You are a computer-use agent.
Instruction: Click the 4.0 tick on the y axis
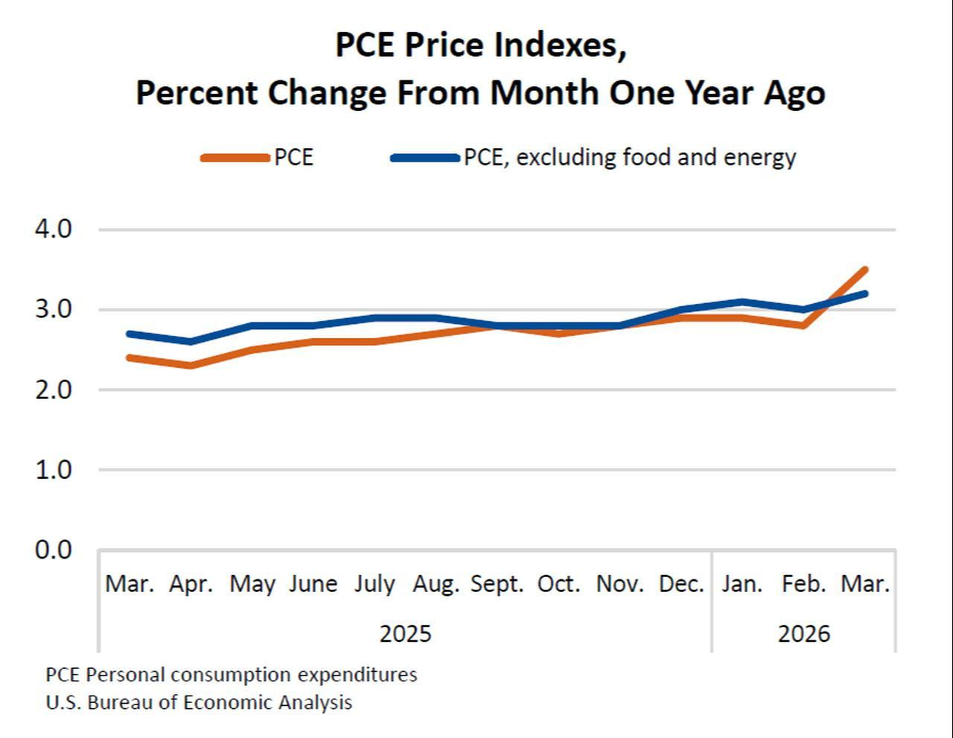point(53,229)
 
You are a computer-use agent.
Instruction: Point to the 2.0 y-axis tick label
point(53,389)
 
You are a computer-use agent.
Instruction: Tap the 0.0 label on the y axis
point(53,550)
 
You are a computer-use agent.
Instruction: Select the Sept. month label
point(497,584)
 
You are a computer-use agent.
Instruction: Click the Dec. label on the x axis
point(681,584)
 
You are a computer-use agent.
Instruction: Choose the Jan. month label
point(742,584)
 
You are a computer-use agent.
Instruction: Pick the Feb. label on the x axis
point(804,584)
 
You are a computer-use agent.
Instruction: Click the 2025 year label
point(405,634)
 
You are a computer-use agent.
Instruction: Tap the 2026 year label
point(804,634)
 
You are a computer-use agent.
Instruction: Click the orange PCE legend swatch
point(235,158)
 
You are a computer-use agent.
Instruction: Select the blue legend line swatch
point(425,158)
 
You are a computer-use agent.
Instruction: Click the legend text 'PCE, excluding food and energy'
point(630,158)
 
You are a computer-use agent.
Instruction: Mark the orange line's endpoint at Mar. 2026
point(865,270)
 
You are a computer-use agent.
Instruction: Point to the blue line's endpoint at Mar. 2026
point(865,294)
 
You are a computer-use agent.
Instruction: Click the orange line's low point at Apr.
point(191,365)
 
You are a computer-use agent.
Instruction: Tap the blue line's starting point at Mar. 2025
point(130,334)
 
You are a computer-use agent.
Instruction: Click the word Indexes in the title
point(560,45)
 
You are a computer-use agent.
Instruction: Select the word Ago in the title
point(794,94)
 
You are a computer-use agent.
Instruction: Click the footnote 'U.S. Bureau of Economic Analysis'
point(199,702)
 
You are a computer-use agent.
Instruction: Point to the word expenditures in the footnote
point(357,675)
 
